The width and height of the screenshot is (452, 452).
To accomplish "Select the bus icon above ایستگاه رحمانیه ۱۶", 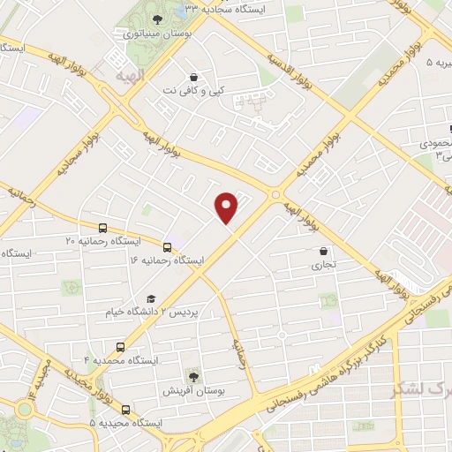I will (x=168, y=246).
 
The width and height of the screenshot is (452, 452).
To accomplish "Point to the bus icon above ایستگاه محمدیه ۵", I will (x=124, y=410).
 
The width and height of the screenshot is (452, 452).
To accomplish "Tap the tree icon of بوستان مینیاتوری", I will (x=157, y=19).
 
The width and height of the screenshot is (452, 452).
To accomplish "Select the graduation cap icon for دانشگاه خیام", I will (x=151, y=299).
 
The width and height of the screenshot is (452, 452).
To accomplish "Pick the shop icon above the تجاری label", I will (x=323, y=250).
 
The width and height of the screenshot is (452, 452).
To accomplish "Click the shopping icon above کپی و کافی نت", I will (x=193, y=76).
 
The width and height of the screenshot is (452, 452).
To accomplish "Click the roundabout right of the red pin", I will (x=276, y=193).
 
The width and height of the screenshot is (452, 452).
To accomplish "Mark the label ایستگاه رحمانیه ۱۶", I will (x=166, y=261).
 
